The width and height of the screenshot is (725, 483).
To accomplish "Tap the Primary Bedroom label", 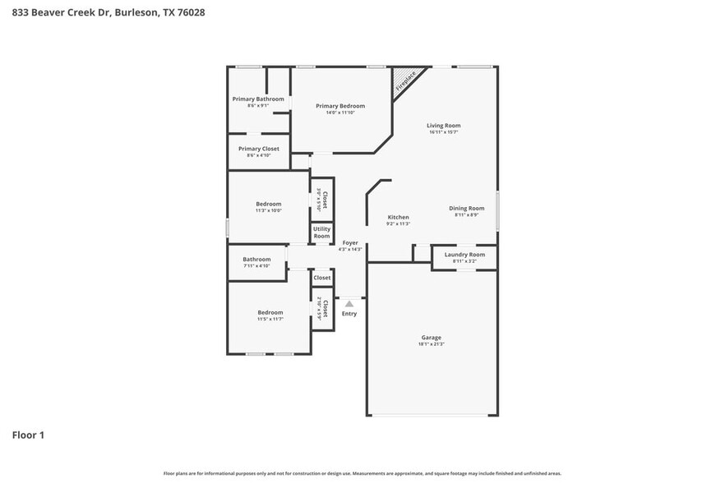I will pyautogui.click(x=340, y=106).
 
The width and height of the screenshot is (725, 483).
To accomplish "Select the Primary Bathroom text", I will pyautogui.click(x=258, y=99).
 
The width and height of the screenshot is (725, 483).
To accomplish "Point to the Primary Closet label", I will pyautogui.click(x=258, y=149).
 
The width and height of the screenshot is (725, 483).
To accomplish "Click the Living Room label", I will pyautogui.click(x=443, y=126).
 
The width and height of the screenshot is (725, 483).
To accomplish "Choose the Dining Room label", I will pyautogui.click(x=466, y=209).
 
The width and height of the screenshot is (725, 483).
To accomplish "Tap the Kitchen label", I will pyautogui.click(x=398, y=218).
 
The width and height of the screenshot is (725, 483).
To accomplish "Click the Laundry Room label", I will pyautogui.click(x=464, y=255).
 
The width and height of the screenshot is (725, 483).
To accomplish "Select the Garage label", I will pyautogui.click(x=432, y=338).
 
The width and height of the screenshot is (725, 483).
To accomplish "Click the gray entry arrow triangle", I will pyautogui.click(x=349, y=304).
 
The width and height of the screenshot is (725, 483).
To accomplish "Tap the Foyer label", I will pyautogui.click(x=350, y=243).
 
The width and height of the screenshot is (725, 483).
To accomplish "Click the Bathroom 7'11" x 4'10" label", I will pyautogui.click(x=256, y=260).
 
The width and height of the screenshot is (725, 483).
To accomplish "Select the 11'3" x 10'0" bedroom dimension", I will pyautogui.click(x=268, y=210).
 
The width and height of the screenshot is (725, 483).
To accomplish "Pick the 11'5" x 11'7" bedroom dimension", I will pyautogui.click(x=270, y=319).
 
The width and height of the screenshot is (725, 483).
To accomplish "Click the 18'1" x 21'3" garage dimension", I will pyautogui.click(x=432, y=344).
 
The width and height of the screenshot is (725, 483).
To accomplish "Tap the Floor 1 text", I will pyautogui.click(x=28, y=435).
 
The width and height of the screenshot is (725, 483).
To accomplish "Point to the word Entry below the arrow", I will pyautogui.click(x=349, y=314).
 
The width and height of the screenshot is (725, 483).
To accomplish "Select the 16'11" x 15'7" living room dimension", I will pyautogui.click(x=443, y=132).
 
